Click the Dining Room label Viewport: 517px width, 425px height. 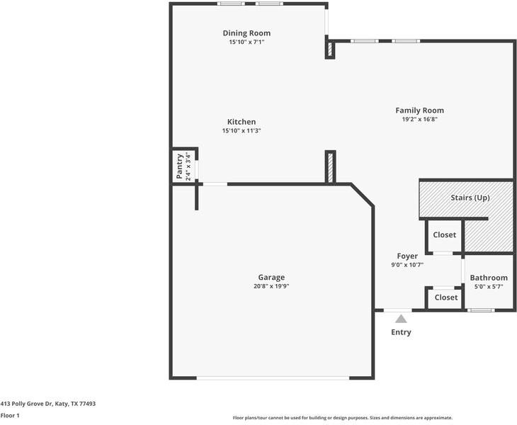pos(246,33)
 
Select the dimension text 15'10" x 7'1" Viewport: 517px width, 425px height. pos(246,42)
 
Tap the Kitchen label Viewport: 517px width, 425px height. pos(242,122)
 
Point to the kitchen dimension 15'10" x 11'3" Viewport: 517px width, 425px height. pos(242,131)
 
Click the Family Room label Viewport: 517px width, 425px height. pos(419,110)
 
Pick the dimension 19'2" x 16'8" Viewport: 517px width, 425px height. pos(419,120)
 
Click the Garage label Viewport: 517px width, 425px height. pos(271,277)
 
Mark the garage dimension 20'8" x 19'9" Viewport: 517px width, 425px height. pos(271,286)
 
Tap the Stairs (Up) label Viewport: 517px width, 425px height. pos(470,198)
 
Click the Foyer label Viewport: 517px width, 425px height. pos(407,256)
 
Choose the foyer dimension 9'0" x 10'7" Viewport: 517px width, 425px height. pos(407,265)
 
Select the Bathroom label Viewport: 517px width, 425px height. pos(489,278)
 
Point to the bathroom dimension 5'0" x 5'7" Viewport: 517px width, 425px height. pos(489,287)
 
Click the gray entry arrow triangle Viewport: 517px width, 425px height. pos(401,319)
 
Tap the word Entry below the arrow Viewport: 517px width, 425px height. pos(401,332)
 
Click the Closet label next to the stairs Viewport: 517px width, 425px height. pos(445,235)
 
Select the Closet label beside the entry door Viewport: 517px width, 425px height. pos(445,297)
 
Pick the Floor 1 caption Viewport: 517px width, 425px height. pos(10,416)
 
